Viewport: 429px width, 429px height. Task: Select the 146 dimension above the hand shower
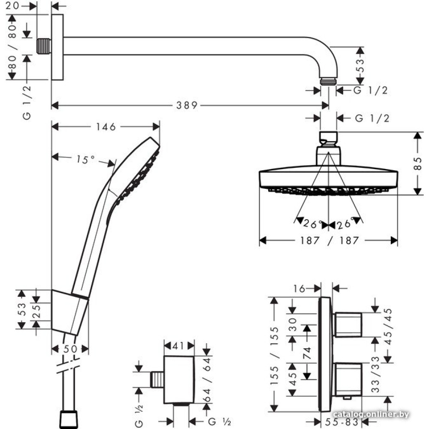106,127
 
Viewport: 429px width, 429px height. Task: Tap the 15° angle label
86,159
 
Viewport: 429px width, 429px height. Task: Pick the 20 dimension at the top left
15,6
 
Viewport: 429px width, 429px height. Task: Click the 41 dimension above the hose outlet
179,345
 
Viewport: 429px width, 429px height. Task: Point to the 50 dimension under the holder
70,349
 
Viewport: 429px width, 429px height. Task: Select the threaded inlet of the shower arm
43,46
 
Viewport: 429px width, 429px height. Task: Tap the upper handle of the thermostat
348,325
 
